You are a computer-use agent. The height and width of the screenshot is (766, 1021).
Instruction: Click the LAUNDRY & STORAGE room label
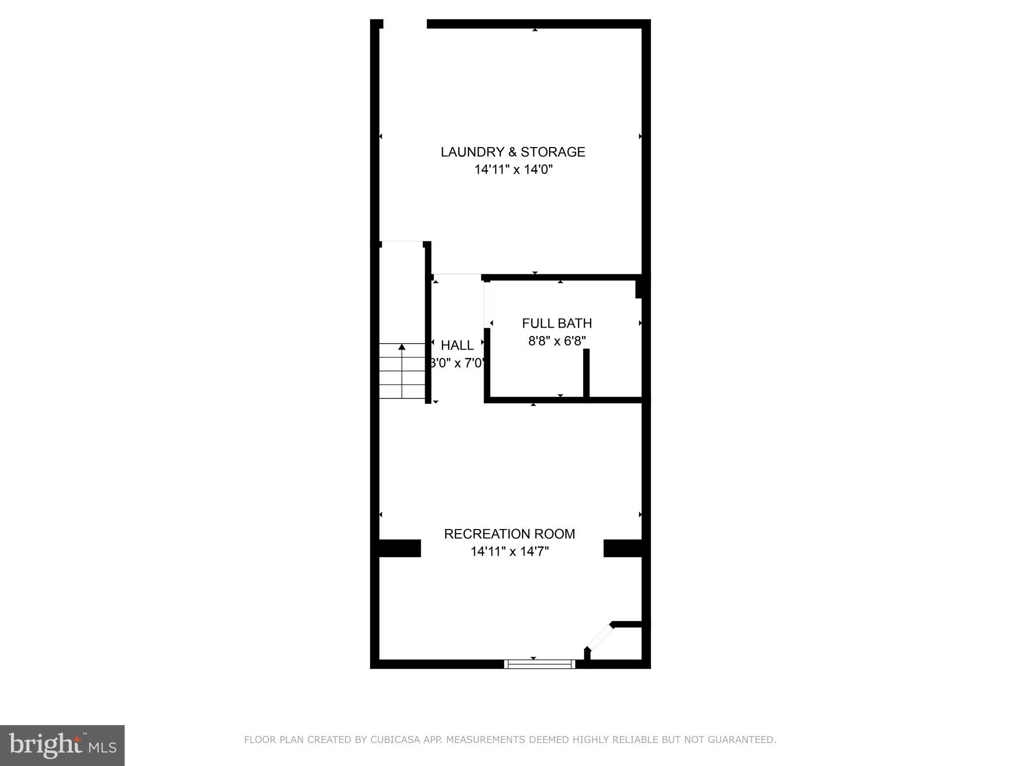pyautogui.click(x=512, y=152)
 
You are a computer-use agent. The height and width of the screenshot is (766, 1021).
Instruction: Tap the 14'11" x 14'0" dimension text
pyautogui.click(x=513, y=170)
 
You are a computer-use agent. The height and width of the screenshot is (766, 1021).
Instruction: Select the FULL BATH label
pyautogui.click(x=557, y=324)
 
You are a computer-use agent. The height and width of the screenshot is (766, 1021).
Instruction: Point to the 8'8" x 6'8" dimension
pyautogui.click(x=557, y=341)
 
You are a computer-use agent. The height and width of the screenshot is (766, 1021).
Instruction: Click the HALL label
pyautogui.click(x=457, y=345)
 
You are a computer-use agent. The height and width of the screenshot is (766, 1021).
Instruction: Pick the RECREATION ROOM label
pyautogui.click(x=510, y=534)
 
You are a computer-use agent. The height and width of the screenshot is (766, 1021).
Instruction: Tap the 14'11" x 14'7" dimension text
pyautogui.click(x=510, y=552)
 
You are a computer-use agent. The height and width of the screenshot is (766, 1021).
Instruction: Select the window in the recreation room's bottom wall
pyautogui.click(x=539, y=664)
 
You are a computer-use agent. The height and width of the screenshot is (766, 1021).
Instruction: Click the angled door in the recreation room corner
pyautogui.click(x=600, y=637)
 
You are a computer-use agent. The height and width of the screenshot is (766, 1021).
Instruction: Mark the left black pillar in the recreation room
pyautogui.click(x=400, y=548)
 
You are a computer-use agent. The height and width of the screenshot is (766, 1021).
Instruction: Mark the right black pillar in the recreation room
pyautogui.click(x=623, y=548)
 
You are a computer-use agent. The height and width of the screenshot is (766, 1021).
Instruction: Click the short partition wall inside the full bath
pyautogui.click(x=586, y=374)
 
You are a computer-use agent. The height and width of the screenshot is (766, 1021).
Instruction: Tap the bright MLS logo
pyautogui.click(x=62, y=745)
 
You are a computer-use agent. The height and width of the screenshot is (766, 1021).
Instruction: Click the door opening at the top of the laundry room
pyautogui.click(x=405, y=24)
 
